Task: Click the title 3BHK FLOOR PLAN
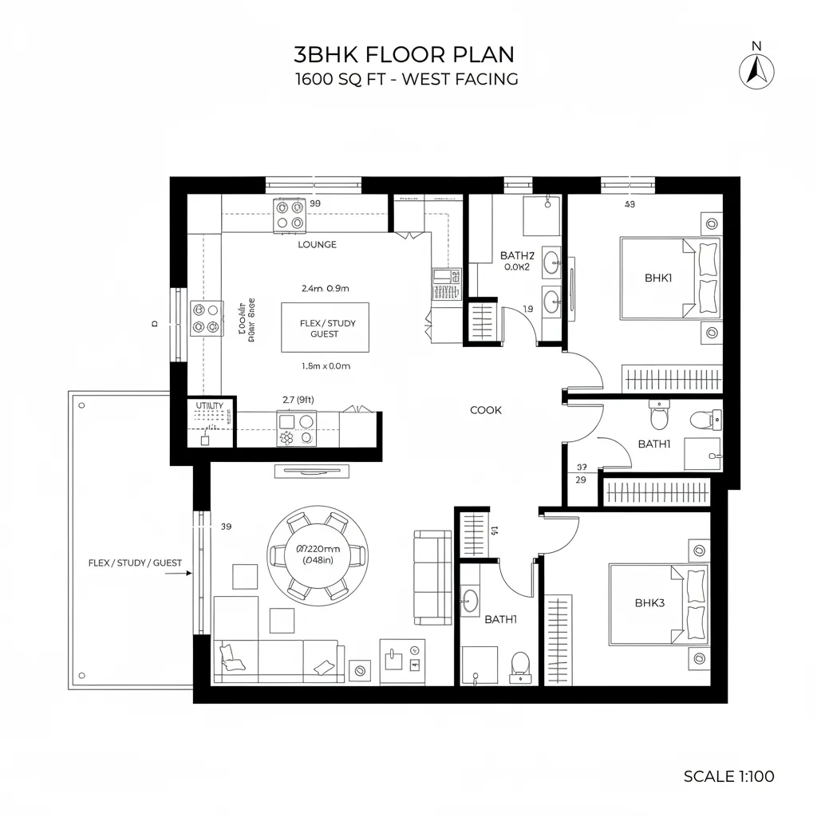405,54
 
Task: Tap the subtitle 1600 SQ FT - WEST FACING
406,79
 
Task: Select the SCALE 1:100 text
728,776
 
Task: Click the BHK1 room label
658,278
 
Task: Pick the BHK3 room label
649,603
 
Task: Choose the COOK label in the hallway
486,410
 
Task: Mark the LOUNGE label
317,244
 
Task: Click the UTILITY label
211,406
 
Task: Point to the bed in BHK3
659,604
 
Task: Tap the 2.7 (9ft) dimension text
298,399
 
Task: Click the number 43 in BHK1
630,204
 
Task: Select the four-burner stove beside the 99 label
289,215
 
